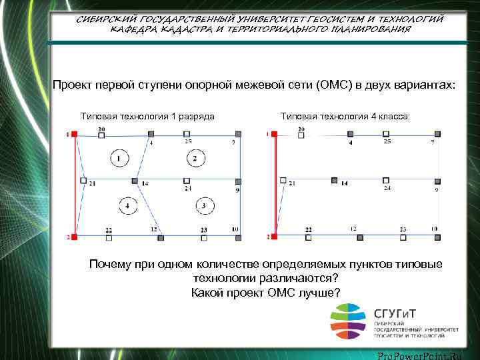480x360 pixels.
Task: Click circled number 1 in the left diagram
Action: [x=118, y=158]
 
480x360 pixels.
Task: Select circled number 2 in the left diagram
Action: [x=195, y=158]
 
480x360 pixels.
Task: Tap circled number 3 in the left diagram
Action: [x=204, y=206]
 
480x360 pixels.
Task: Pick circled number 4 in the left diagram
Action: [x=127, y=206]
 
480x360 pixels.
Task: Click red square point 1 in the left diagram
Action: [x=75, y=135]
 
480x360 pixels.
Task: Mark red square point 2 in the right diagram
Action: [x=275, y=237]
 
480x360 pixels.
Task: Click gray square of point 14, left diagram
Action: [x=135, y=181]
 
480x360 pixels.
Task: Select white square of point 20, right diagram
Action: [x=301, y=135]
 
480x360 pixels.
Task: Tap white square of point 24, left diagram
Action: [x=187, y=181]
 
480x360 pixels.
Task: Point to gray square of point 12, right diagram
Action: [x=360, y=237]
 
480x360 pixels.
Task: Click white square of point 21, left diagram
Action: [x=83, y=180]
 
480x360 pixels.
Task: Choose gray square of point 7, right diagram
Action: [x=437, y=134]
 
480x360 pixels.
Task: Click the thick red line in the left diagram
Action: [x=75, y=187]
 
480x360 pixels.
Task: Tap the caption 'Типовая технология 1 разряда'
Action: [x=147, y=117]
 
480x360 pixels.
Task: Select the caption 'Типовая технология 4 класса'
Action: [x=344, y=117]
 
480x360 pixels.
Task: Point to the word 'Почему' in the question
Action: [x=109, y=265]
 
